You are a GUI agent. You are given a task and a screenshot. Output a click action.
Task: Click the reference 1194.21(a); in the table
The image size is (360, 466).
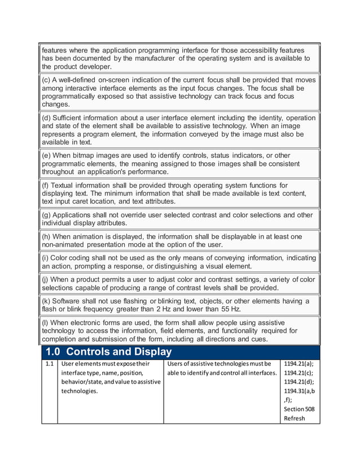tap(298, 364)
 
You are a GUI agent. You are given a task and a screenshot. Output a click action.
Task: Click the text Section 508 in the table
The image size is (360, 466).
tap(300, 409)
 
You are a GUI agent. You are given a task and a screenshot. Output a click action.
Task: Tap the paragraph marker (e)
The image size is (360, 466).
tap(47, 155)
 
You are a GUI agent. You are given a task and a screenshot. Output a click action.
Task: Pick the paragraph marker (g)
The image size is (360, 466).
tap(47, 215)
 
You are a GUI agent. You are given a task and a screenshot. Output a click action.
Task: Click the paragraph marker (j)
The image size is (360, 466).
tap(46, 279)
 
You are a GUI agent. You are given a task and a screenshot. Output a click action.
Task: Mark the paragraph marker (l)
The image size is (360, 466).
tap(46, 322)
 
